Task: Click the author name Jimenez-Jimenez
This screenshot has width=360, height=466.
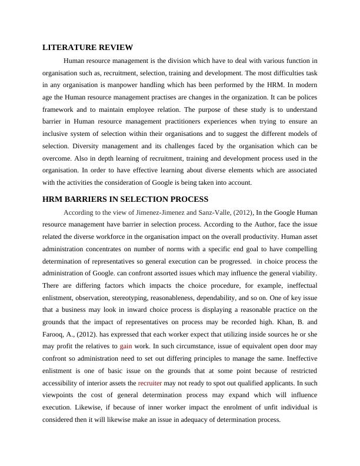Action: coord(149,212)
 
